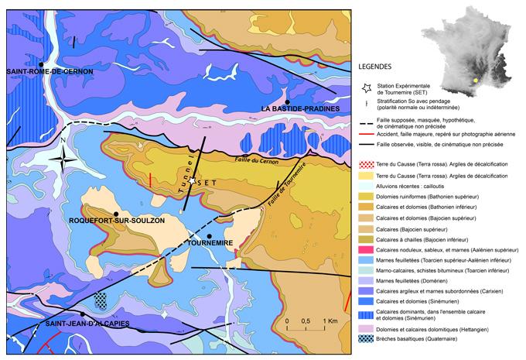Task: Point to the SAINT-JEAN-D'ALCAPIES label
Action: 87,322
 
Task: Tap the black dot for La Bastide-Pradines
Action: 287,102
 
